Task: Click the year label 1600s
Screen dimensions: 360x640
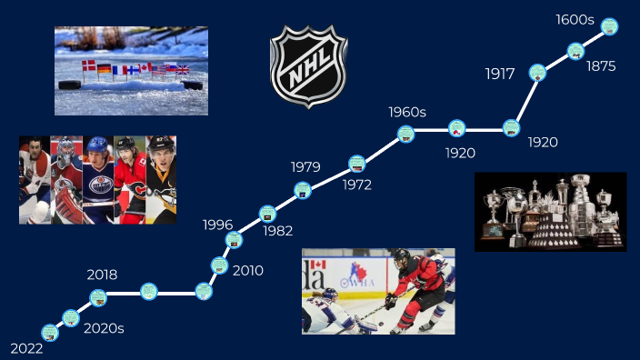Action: click(575, 20)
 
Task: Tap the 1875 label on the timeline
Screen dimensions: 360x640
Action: click(601, 66)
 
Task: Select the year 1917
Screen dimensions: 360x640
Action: click(501, 74)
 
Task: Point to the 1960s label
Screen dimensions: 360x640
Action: click(407, 112)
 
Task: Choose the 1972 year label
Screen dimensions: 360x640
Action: click(357, 185)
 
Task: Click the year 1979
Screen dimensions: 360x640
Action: click(305, 166)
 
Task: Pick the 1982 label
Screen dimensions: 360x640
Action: click(278, 231)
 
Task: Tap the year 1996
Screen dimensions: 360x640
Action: click(218, 225)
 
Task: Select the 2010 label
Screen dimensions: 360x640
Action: click(248, 270)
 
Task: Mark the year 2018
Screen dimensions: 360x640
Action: click(102, 275)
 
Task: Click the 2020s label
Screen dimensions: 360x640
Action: click(104, 328)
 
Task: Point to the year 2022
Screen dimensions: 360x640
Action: click(26, 348)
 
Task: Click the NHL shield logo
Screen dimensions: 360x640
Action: click(309, 66)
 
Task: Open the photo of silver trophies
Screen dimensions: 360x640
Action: click(550, 211)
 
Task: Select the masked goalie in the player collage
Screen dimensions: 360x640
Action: click(66, 180)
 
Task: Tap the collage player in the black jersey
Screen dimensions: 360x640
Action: click(161, 180)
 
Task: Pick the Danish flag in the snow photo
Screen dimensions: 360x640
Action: click(88, 67)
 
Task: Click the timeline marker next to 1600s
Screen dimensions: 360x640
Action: click(610, 26)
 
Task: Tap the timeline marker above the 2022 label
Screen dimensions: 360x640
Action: click(50, 333)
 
